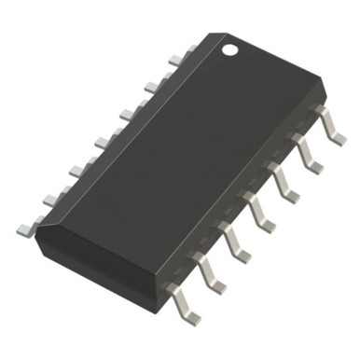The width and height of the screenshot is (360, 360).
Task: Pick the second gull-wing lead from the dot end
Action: pos(306,152)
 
